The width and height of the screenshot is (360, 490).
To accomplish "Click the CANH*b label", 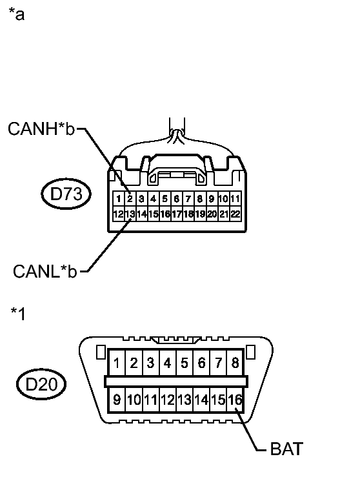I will point(41,129).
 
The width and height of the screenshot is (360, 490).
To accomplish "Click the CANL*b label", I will point(44,271).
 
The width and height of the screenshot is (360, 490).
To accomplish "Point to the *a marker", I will point(17,14).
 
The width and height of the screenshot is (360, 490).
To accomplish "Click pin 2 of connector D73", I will point(130,198).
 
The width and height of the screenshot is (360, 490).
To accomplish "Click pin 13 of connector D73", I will point(130,214).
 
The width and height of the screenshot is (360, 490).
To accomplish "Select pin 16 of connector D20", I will point(235,400).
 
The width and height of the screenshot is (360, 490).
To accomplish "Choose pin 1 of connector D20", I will point(117,363).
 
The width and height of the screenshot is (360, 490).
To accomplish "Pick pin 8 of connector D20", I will point(235,363).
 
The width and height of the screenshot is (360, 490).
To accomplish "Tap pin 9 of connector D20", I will point(117,400).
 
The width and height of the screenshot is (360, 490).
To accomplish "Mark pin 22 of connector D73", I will point(235,214).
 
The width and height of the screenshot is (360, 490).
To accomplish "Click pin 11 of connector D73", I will point(235,198).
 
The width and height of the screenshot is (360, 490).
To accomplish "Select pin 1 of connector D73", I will point(118,198).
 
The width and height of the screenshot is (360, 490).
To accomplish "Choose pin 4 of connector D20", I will point(168,363).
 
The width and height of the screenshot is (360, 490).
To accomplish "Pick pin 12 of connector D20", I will point(168,400).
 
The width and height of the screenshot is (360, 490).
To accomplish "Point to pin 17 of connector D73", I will point(177,214).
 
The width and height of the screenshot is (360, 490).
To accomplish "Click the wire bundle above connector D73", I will point(177,132).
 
